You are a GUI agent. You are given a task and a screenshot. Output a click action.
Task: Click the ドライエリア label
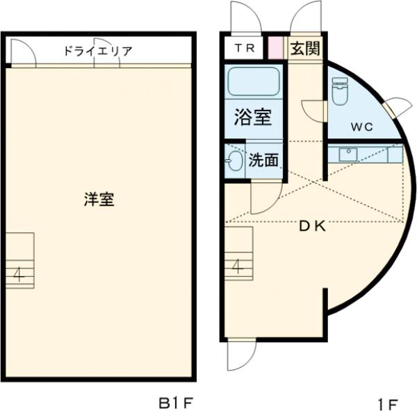[x=97, y=51]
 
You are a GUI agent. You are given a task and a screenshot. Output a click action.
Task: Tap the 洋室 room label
[x=99, y=200]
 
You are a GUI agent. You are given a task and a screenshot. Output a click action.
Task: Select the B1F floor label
[x=173, y=402]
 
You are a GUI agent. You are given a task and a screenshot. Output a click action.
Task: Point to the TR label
[x=243, y=48]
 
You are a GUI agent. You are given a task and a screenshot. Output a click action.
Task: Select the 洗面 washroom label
[x=263, y=161]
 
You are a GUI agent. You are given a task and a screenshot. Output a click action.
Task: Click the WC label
[x=361, y=127]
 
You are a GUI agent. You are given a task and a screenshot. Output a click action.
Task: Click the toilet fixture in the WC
[x=339, y=90]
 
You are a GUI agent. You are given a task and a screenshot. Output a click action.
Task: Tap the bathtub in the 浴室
[x=253, y=83]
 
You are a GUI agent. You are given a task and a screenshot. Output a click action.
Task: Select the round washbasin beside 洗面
[x=234, y=161]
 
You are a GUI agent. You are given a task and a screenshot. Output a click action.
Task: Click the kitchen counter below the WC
[x=365, y=154]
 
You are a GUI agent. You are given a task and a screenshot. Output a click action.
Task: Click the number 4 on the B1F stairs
[x=19, y=273]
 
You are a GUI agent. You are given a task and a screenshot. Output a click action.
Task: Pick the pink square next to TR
[x=276, y=48]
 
